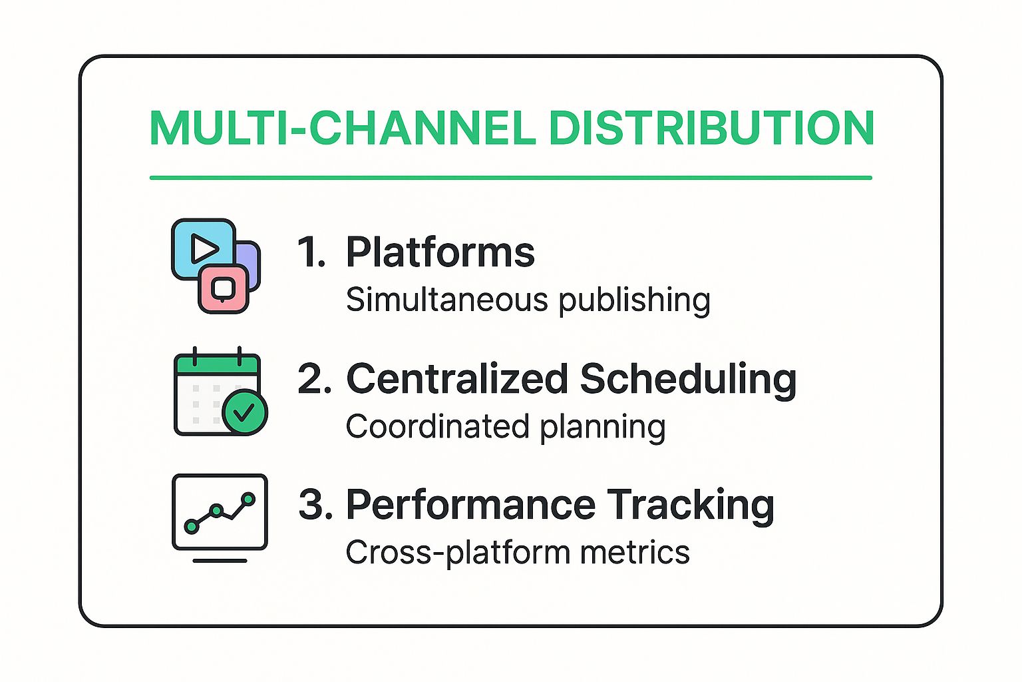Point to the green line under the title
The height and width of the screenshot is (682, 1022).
(x=510, y=178)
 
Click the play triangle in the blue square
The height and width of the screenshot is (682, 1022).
(x=204, y=249)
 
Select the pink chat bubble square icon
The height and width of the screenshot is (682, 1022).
(x=224, y=289)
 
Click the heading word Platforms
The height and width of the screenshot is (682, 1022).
(x=440, y=252)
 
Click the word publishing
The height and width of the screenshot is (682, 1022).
(x=634, y=301)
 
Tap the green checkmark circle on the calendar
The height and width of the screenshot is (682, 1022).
(x=244, y=412)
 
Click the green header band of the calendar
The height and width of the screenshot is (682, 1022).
(x=216, y=365)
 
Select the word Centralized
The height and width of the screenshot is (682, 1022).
(x=456, y=379)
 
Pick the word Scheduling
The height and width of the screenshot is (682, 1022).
(x=688, y=380)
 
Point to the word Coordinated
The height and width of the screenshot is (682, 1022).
(x=438, y=426)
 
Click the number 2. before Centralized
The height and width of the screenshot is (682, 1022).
(x=314, y=379)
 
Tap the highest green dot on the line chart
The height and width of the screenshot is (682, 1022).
(x=248, y=499)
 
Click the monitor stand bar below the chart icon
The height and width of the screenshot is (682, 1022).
(x=220, y=560)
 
